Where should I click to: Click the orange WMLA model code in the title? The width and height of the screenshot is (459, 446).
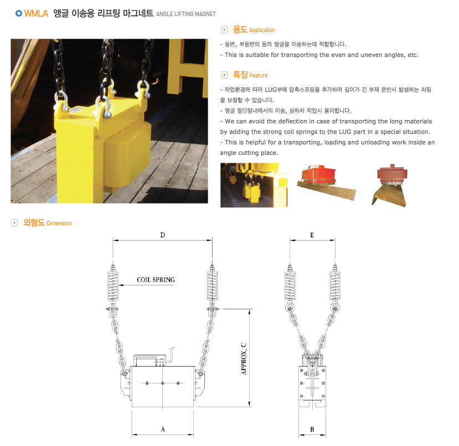coord(36,13)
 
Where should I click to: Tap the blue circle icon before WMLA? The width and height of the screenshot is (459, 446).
coord(19,13)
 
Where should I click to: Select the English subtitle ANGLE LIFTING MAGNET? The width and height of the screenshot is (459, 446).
coord(186,14)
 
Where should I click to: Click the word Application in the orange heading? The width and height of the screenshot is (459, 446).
coord(262,30)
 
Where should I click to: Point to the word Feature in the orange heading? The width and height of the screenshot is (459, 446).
coord(258,75)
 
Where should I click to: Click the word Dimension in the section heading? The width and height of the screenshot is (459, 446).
coord(59,223)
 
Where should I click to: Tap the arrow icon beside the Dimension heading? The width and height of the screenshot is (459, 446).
coord(14,222)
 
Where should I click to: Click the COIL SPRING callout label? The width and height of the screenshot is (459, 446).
coord(156,280)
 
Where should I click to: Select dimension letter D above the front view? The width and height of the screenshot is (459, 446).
coord(163,235)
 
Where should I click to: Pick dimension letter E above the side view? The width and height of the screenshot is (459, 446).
coord(312,235)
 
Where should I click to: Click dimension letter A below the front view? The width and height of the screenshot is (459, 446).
coord(163,429)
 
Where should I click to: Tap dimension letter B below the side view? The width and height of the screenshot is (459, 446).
coord(312,429)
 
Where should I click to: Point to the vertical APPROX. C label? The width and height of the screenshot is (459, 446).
coord(244,359)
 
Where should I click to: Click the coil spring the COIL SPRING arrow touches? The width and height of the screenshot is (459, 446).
coord(113,286)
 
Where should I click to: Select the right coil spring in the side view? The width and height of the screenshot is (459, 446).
coord(335,286)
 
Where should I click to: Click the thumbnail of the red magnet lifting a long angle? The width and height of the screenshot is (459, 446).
coord(326,183)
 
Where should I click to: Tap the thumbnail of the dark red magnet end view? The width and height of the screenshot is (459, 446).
coord(390,185)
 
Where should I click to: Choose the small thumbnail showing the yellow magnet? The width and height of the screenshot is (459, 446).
coord(254,185)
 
